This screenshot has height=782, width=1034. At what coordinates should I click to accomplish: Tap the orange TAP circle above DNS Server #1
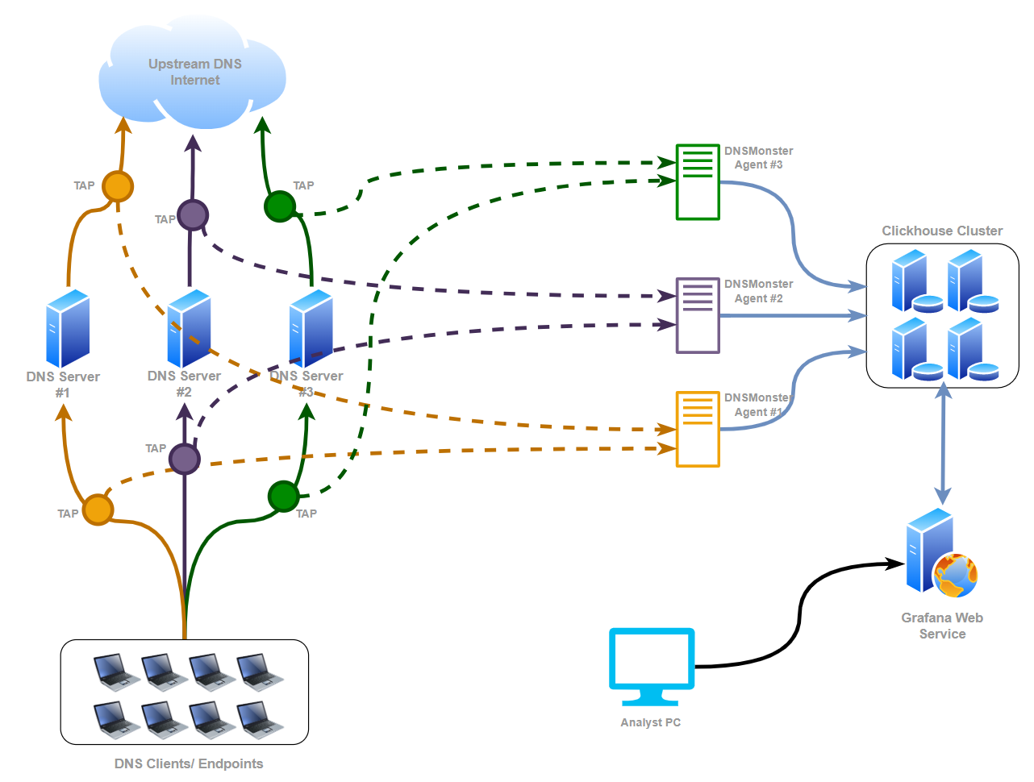(x=118, y=186)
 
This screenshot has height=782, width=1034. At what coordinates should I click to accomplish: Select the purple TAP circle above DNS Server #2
(x=193, y=215)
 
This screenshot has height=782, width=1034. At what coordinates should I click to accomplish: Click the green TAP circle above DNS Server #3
(x=280, y=206)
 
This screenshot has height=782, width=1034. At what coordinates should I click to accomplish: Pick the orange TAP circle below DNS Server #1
(x=98, y=510)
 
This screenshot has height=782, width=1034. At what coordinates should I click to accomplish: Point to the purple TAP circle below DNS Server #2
(x=185, y=459)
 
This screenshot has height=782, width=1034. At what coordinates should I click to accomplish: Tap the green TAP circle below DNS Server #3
(x=284, y=497)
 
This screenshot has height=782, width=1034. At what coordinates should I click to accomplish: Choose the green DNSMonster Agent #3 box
(x=698, y=182)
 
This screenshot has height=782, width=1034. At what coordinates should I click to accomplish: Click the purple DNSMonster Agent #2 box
(x=698, y=315)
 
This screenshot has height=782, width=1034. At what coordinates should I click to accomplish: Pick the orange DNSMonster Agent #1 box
(x=698, y=429)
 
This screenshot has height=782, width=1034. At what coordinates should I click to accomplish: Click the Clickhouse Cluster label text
(x=942, y=231)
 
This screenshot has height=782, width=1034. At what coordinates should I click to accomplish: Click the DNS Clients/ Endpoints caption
(x=189, y=763)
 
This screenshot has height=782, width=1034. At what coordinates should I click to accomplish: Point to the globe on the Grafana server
(x=955, y=576)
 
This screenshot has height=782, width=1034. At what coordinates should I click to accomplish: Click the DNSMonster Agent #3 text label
(x=758, y=157)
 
